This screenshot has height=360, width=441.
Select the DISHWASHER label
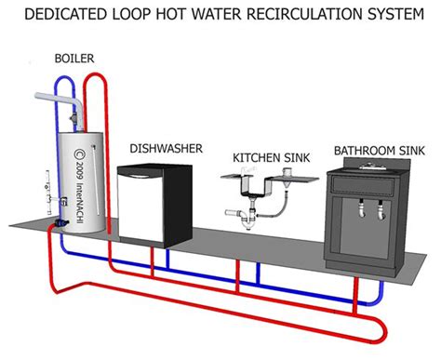(x=163, y=148)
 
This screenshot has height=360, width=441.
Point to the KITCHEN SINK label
(x=261, y=157)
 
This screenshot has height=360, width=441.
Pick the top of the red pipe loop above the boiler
(x=92, y=78)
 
